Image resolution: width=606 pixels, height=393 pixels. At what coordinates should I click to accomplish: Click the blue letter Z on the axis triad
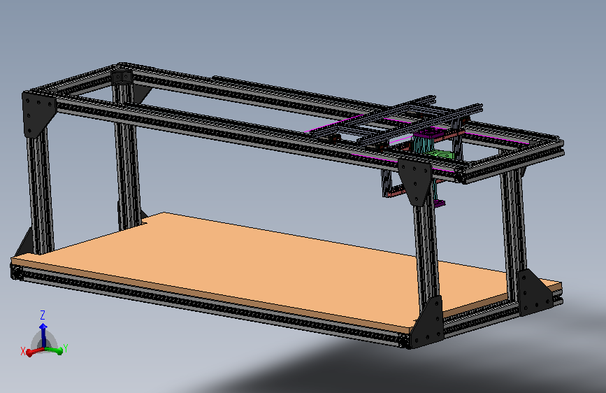[43, 315]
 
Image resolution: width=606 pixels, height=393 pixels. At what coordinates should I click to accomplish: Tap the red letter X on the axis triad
[23, 352]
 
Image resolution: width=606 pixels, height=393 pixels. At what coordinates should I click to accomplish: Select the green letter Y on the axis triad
[65, 348]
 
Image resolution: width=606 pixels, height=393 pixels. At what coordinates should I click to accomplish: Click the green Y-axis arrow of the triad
[53, 350]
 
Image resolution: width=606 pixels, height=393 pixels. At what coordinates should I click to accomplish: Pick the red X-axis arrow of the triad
[35, 351]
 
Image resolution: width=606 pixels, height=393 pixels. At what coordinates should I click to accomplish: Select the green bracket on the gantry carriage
[440, 155]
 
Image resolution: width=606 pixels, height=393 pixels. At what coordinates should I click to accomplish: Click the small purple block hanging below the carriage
[439, 203]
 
